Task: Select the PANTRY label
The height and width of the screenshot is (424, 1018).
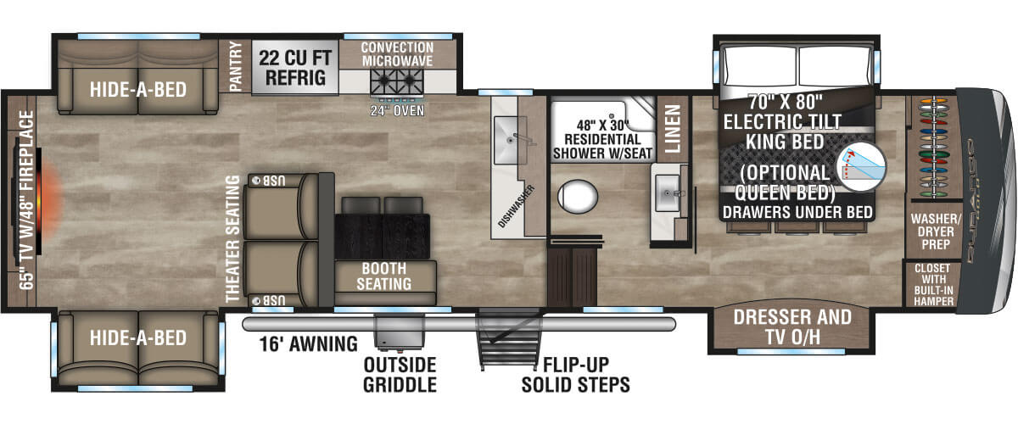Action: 237,68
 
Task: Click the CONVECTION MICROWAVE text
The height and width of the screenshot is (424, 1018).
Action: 397,54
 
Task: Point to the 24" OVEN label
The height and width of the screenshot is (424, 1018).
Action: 397,110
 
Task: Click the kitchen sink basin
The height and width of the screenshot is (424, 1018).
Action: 512,140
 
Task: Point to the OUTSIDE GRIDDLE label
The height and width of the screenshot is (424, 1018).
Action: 400,374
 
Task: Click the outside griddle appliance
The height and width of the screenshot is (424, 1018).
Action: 399,332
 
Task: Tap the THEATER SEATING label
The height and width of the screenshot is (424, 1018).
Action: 232,239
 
